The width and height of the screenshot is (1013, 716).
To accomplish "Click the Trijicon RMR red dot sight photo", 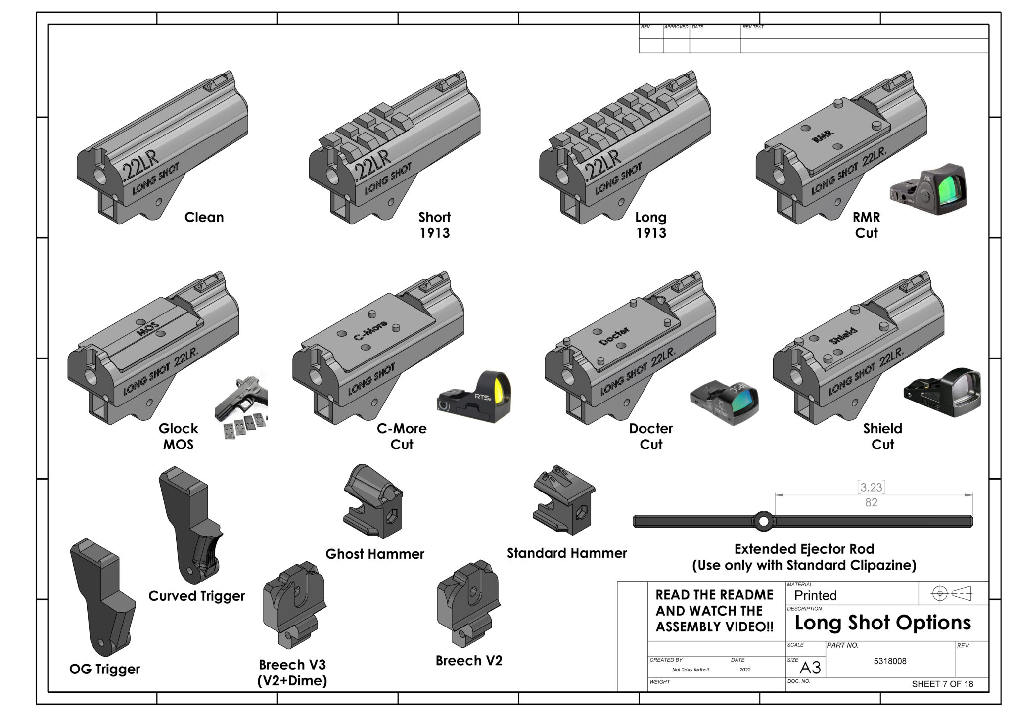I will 928,189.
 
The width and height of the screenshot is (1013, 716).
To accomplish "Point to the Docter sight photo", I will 725,402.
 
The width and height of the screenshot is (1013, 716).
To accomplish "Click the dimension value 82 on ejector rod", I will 871,502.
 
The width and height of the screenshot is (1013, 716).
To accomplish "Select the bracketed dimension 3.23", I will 871,487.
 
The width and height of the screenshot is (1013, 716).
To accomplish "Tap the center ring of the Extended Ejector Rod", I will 763,521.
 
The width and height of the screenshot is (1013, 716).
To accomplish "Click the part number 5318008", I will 890,661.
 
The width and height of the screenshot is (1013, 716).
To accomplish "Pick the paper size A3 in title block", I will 810,668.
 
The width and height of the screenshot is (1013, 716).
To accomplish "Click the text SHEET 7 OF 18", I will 942,684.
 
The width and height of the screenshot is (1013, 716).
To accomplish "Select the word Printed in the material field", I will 815,595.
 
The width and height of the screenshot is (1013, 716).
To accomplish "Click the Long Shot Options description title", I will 882,623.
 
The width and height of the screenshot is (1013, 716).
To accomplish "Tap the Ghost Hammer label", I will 374,554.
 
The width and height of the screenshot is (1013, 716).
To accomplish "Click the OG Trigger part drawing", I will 103,596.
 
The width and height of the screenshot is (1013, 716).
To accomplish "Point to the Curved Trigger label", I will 196,596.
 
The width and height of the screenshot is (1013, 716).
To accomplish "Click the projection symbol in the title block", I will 951,593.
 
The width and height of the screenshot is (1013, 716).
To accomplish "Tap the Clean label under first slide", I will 204,217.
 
